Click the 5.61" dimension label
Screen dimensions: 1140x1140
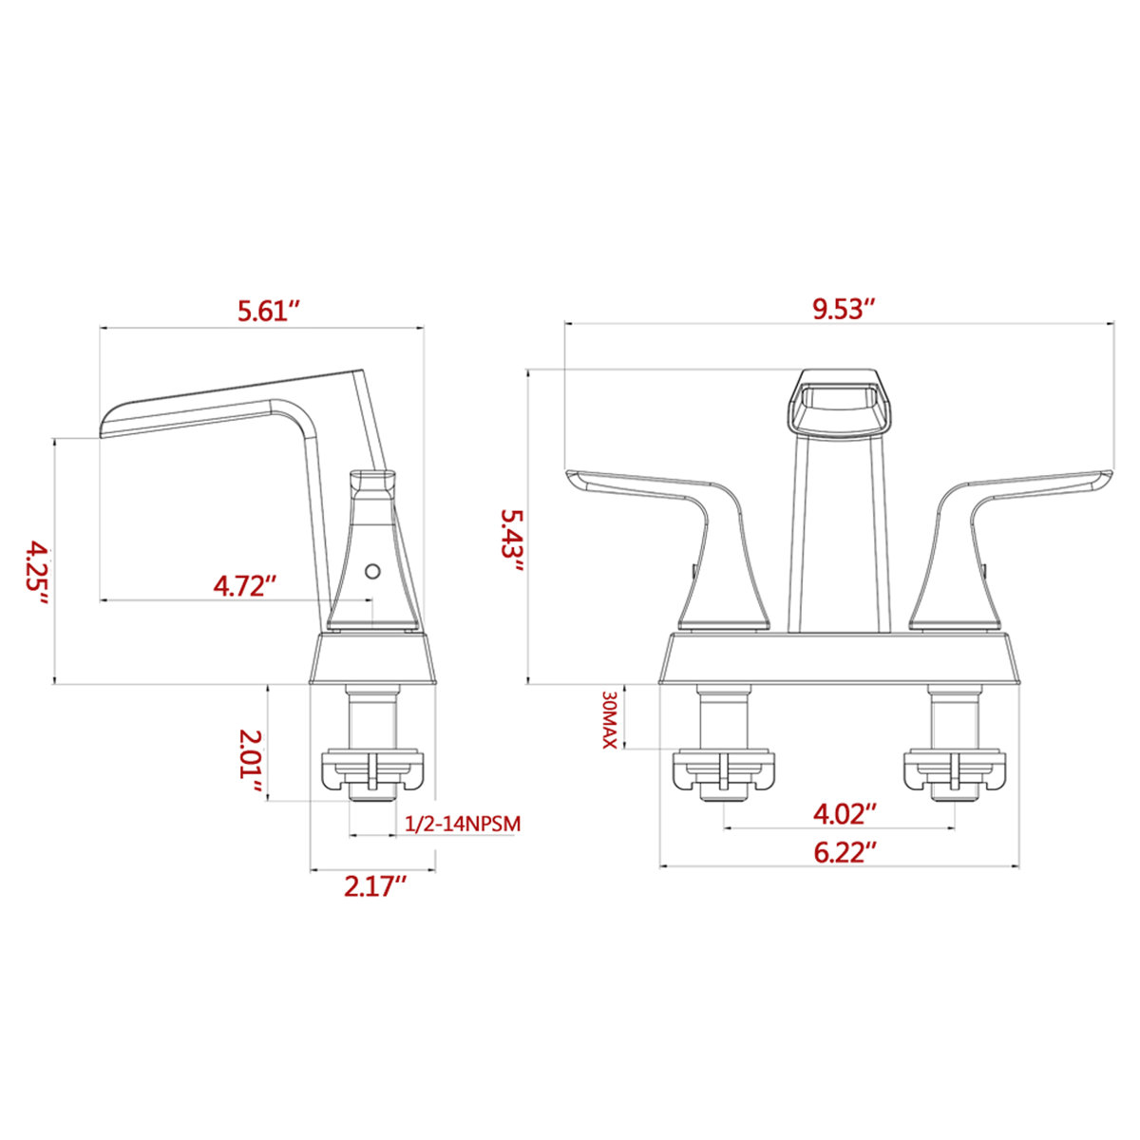[x=269, y=311]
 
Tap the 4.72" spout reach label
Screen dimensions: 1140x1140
[x=245, y=584]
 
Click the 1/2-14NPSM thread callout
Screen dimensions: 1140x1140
[x=463, y=824]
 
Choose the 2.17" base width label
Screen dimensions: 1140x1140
[x=375, y=886]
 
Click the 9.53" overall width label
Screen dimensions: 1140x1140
[x=843, y=310]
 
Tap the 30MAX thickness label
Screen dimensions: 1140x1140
[x=609, y=719]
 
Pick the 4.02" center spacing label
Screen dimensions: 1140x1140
[x=845, y=813]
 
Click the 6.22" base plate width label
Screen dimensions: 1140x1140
[x=845, y=852]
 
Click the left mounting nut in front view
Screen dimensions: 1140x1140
[x=724, y=770]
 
